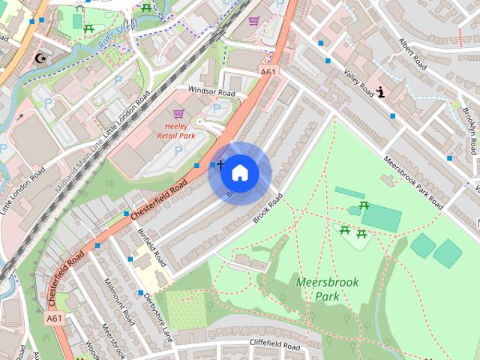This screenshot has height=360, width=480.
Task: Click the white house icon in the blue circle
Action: [x=239, y=173]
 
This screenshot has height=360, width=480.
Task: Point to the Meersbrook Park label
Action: [x=327, y=289]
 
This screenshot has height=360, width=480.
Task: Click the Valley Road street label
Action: [x=358, y=83]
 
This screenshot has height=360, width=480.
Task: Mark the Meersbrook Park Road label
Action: [x=415, y=178]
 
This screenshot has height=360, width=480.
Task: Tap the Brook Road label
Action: [x=267, y=206]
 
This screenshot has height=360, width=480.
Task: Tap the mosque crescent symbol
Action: [x=40, y=58]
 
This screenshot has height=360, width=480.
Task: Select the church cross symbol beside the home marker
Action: [x=220, y=163]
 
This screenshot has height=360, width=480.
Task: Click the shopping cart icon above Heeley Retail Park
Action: [x=178, y=113]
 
